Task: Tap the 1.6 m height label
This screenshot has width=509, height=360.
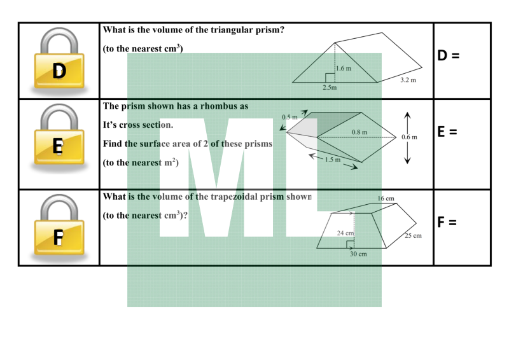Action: coord(344,69)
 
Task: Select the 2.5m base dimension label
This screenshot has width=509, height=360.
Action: coord(330,87)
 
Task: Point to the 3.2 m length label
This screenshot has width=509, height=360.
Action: coord(408,80)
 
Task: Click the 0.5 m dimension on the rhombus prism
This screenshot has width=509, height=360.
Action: coord(289,117)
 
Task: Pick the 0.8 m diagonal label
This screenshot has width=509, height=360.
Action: coord(359,132)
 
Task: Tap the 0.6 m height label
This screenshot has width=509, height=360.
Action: coord(409,137)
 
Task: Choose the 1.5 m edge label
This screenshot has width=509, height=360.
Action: coord(333,160)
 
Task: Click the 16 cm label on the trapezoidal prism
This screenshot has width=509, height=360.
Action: coord(386,198)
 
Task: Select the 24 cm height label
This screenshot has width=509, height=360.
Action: coord(345,233)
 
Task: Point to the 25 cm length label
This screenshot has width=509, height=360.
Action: coord(413,236)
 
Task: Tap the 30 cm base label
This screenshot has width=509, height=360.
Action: coord(358,254)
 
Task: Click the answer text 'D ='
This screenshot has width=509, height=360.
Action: coord(449,55)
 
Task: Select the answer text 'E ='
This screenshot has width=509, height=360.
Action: coord(447,132)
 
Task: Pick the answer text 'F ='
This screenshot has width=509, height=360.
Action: coord(447,223)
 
